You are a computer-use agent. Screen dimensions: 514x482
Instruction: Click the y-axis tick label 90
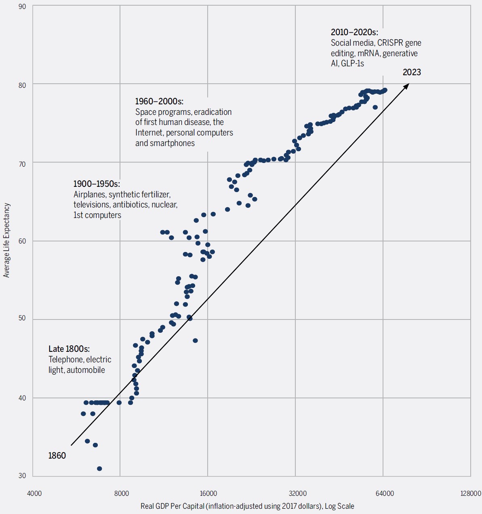pyautogui.click(x=22, y=7)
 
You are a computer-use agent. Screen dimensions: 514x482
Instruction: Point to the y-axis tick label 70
pyautogui.click(x=22, y=164)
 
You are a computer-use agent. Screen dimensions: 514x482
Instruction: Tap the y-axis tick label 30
pyautogui.click(x=22, y=476)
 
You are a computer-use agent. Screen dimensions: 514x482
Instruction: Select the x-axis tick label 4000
pyautogui.click(x=34, y=493)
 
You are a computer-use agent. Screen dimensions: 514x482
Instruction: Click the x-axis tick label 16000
pyautogui.click(x=208, y=493)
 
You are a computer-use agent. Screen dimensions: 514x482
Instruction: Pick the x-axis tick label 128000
pyautogui.click(x=471, y=493)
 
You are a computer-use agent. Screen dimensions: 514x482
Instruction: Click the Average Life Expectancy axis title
pyautogui.click(x=6, y=240)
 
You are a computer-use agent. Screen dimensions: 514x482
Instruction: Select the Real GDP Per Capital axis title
pyautogui.click(x=247, y=506)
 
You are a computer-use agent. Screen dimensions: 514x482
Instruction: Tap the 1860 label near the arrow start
pyautogui.click(x=57, y=456)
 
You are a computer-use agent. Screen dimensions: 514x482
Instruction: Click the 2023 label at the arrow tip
pyautogui.click(x=412, y=72)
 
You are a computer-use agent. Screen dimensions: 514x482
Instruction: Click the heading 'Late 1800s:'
pyautogui.click(x=69, y=349)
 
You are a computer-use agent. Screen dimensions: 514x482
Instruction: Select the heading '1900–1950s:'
pyautogui.click(x=97, y=184)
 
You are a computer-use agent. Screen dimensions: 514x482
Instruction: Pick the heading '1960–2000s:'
pyautogui.click(x=159, y=101)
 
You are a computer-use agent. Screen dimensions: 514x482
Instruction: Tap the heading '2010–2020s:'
pyautogui.click(x=354, y=32)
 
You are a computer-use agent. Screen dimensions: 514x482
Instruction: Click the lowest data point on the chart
pyautogui.click(x=99, y=469)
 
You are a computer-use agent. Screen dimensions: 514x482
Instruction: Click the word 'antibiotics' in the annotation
pyautogui.click(x=130, y=205)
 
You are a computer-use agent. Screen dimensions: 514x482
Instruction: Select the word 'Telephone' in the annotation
pyautogui.click(x=66, y=360)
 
